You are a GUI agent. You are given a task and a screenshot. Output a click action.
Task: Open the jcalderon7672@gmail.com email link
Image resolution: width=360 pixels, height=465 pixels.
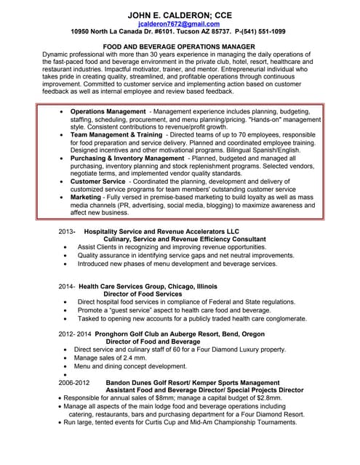178,24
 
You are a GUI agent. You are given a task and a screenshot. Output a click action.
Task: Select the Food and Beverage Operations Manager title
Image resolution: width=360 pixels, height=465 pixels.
178,46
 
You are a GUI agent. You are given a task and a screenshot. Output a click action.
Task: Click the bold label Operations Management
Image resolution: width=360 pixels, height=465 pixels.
108,112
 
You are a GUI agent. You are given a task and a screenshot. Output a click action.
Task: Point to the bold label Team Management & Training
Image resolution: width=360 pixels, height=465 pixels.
116,135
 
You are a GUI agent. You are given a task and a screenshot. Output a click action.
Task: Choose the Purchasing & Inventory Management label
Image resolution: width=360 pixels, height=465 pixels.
127,158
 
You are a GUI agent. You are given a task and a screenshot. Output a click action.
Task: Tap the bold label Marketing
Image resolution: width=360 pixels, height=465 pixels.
86,197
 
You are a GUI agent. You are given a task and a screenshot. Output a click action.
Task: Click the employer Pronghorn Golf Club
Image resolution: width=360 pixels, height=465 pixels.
138,333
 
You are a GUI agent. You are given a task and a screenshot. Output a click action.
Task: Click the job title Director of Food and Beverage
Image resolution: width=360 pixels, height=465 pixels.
153,341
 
